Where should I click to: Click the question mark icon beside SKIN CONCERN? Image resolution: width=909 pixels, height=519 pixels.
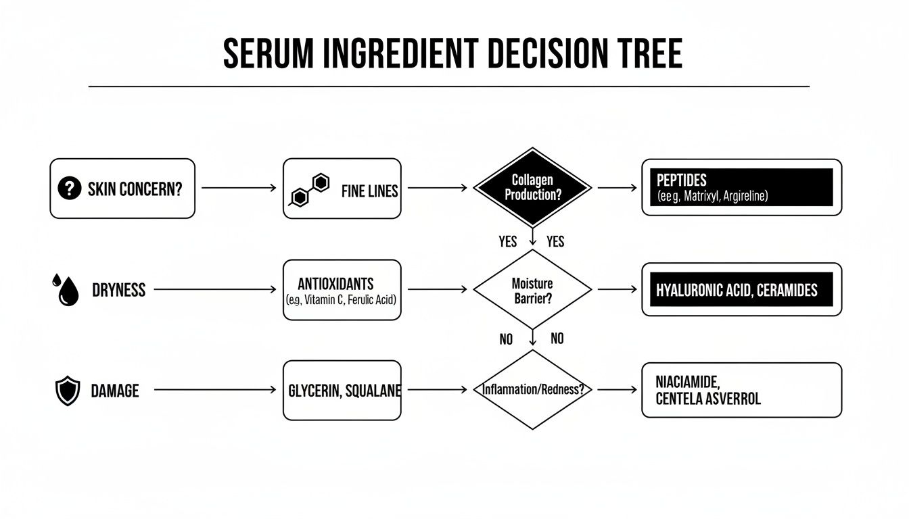pos(70,189)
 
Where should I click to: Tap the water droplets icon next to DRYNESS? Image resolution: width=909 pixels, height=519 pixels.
pos(65,290)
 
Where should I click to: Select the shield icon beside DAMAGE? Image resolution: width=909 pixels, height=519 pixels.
pos(67,391)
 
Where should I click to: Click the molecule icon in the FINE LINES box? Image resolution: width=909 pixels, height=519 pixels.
pos(308,189)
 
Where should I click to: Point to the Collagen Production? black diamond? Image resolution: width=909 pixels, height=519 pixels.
pos(532,187)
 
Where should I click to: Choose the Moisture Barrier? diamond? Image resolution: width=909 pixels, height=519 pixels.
pos(532,290)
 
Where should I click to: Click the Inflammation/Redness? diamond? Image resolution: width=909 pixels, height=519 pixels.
pos(532,390)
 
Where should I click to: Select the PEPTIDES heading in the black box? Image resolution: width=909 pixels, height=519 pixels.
pos(681,180)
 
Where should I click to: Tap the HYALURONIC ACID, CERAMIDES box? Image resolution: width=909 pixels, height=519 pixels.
pos(741,290)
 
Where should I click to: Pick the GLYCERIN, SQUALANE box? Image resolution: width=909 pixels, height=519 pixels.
pos(342,391)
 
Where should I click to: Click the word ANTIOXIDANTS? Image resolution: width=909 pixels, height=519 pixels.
pos(335,283)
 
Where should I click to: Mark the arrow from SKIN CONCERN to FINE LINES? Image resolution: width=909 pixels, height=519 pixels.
pos(238,188)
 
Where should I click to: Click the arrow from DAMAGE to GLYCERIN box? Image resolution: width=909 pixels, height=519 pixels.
pos(215,390)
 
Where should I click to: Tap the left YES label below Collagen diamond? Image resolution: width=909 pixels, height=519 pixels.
pos(508,242)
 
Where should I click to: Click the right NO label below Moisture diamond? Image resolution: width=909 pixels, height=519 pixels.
pos(557,339)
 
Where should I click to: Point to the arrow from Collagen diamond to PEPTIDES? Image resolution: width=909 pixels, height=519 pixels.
pos(617,188)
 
